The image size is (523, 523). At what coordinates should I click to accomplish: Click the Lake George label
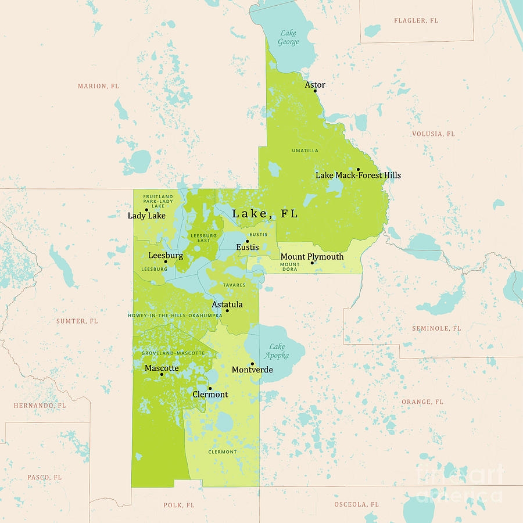pyautogui.click(x=288, y=38)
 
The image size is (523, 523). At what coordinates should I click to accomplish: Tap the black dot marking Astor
pyautogui.click(x=315, y=91)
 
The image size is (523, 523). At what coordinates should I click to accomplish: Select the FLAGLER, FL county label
pyautogui.click(x=416, y=21)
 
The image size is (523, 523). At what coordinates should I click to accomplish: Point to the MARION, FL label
pyautogui.click(x=99, y=86)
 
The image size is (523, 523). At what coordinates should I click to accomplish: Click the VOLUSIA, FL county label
pyautogui.click(x=434, y=134)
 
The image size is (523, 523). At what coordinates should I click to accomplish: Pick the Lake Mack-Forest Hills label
pyautogui.click(x=358, y=175)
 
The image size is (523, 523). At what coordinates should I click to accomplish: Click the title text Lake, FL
pyautogui.click(x=265, y=214)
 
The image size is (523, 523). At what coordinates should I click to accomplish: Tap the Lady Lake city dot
pyautogui.click(x=146, y=210)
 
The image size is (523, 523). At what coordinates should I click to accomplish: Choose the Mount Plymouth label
pyautogui.click(x=312, y=256)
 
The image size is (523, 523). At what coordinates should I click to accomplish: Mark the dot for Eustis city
pyautogui.click(x=247, y=241)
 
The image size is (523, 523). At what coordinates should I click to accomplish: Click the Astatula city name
pyautogui.click(x=227, y=305)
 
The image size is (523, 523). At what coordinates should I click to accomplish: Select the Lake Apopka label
pyautogui.click(x=277, y=351)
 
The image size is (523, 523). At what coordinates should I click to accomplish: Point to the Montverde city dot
pyautogui.click(x=252, y=364)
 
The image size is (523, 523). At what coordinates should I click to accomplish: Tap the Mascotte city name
pyautogui.click(x=162, y=368)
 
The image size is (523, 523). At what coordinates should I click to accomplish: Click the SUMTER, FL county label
pyautogui.click(x=77, y=321)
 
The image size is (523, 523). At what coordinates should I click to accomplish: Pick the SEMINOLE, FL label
pyautogui.click(x=436, y=328)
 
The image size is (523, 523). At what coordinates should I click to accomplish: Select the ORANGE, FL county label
pyautogui.click(x=422, y=402)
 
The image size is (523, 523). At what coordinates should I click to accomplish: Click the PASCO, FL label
pyautogui.click(x=44, y=477)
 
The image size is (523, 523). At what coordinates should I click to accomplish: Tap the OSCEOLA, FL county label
pyautogui.click(x=356, y=504)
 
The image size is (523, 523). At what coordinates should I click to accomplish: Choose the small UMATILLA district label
pyautogui.click(x=305, y=151)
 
